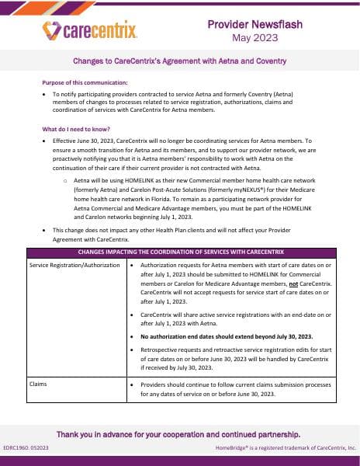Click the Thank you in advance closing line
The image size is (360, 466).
click(178, 434)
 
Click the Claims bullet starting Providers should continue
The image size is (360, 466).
click(237, 389)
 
